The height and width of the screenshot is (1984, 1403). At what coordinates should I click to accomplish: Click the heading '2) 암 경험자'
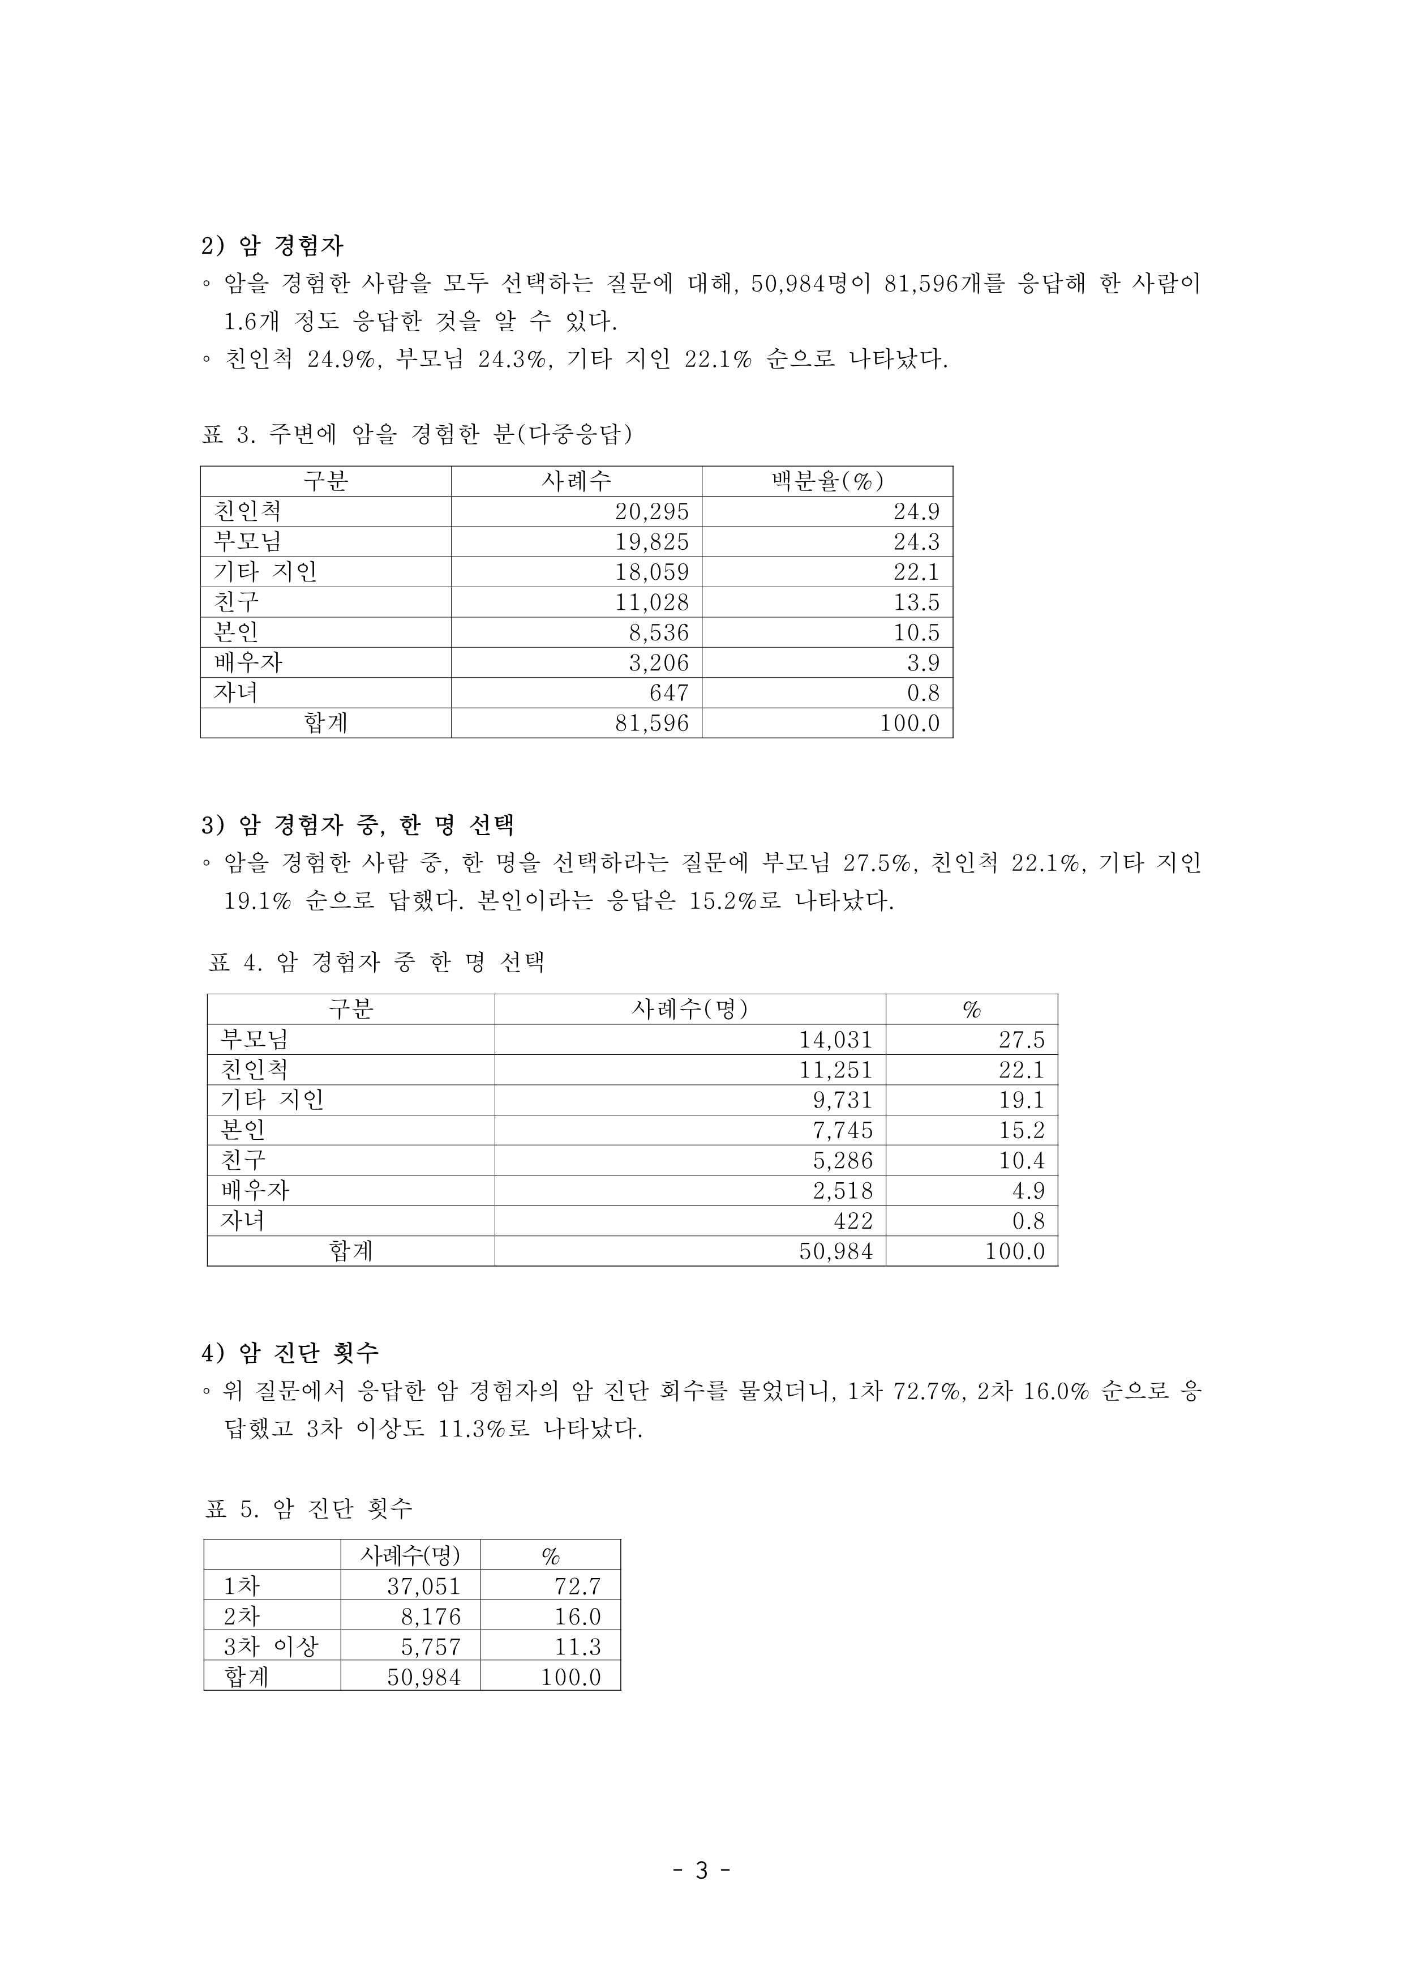click(x=272, y=246)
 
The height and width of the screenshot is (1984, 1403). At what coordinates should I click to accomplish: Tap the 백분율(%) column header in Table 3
click(x=827, y=481)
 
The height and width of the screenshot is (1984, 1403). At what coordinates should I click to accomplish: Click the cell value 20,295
click(x=651, y=511)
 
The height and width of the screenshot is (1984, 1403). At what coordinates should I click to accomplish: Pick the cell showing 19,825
click(x=651, y=542)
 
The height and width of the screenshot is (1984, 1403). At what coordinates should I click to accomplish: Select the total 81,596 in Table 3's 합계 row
click(x=651, y=723)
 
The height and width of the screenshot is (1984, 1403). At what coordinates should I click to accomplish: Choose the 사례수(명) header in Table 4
click(x=689, y=1010)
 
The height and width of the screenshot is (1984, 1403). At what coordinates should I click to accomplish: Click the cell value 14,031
click(x=835, y=1040)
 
